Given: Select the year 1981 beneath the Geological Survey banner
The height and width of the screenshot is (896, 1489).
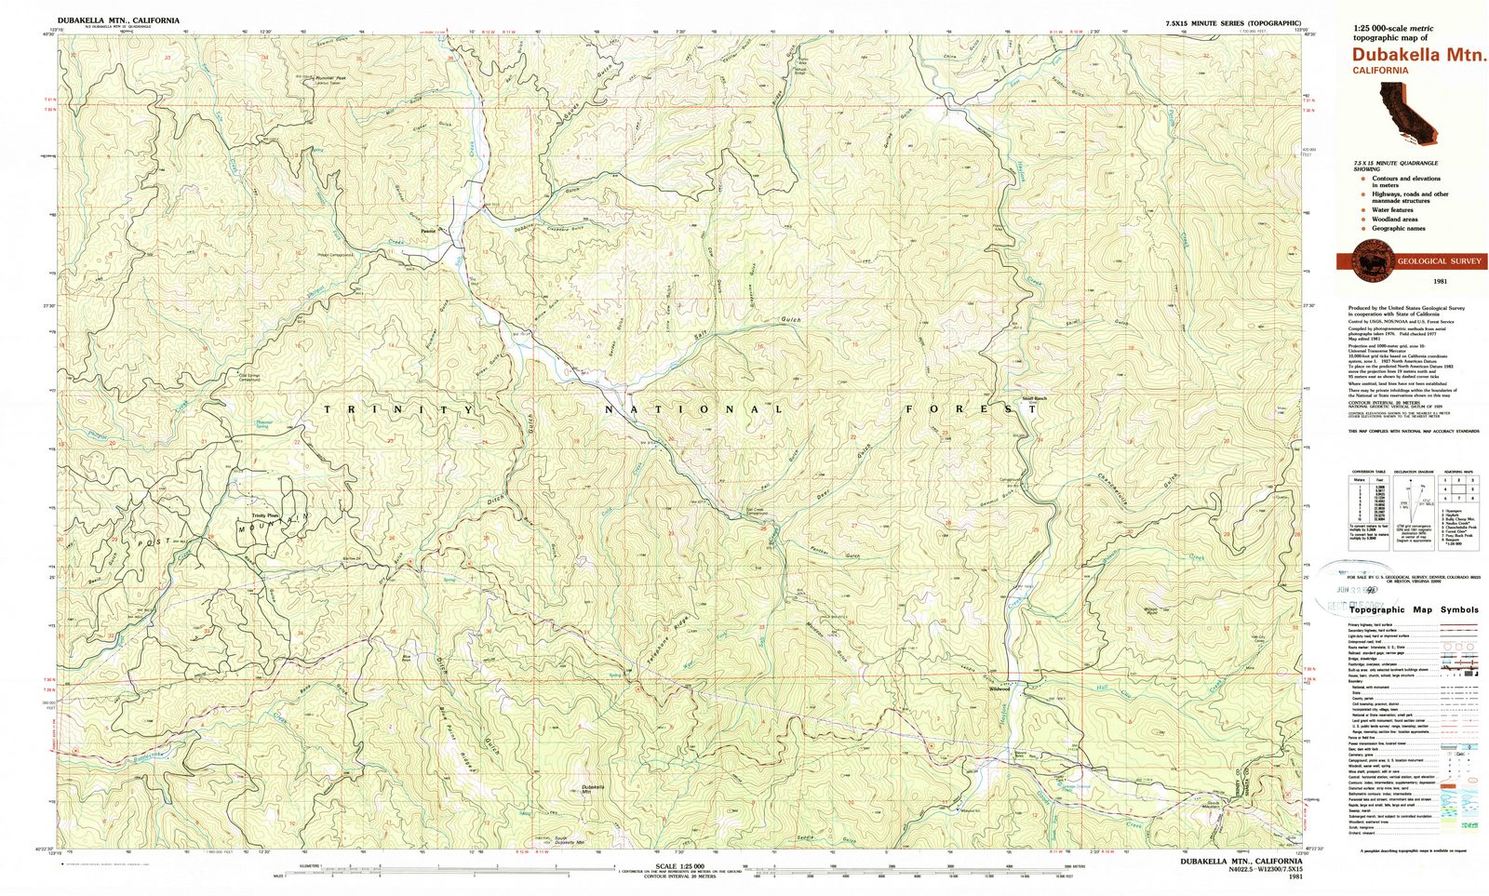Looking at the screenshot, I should [1412, 281].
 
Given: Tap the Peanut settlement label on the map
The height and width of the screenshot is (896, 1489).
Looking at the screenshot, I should [428, 230].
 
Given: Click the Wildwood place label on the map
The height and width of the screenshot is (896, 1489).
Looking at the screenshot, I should [999, 689].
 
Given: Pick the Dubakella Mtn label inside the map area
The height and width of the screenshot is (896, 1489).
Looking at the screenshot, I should [593, 789].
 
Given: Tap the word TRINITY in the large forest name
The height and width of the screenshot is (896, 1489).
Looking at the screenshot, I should [399, 409].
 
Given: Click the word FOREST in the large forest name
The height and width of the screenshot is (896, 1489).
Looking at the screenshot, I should [972, 408].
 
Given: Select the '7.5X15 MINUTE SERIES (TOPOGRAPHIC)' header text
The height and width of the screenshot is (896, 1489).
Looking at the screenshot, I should [1232, 22].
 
